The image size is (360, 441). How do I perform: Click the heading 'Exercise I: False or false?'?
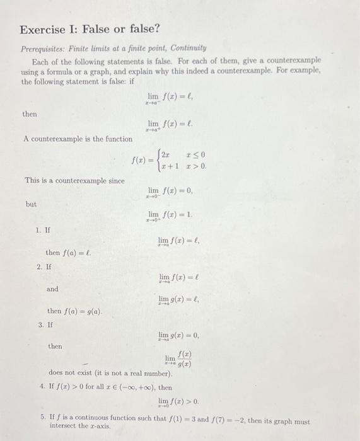coord(90,29)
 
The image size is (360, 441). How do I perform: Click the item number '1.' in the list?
coord(40,229)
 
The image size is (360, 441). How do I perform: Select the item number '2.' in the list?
coord(40,266)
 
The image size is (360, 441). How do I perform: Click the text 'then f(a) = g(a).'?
coord(74,312)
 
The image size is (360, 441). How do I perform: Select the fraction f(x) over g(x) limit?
coord(178,360)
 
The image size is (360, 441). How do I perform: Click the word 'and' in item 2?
coord(52,289)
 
